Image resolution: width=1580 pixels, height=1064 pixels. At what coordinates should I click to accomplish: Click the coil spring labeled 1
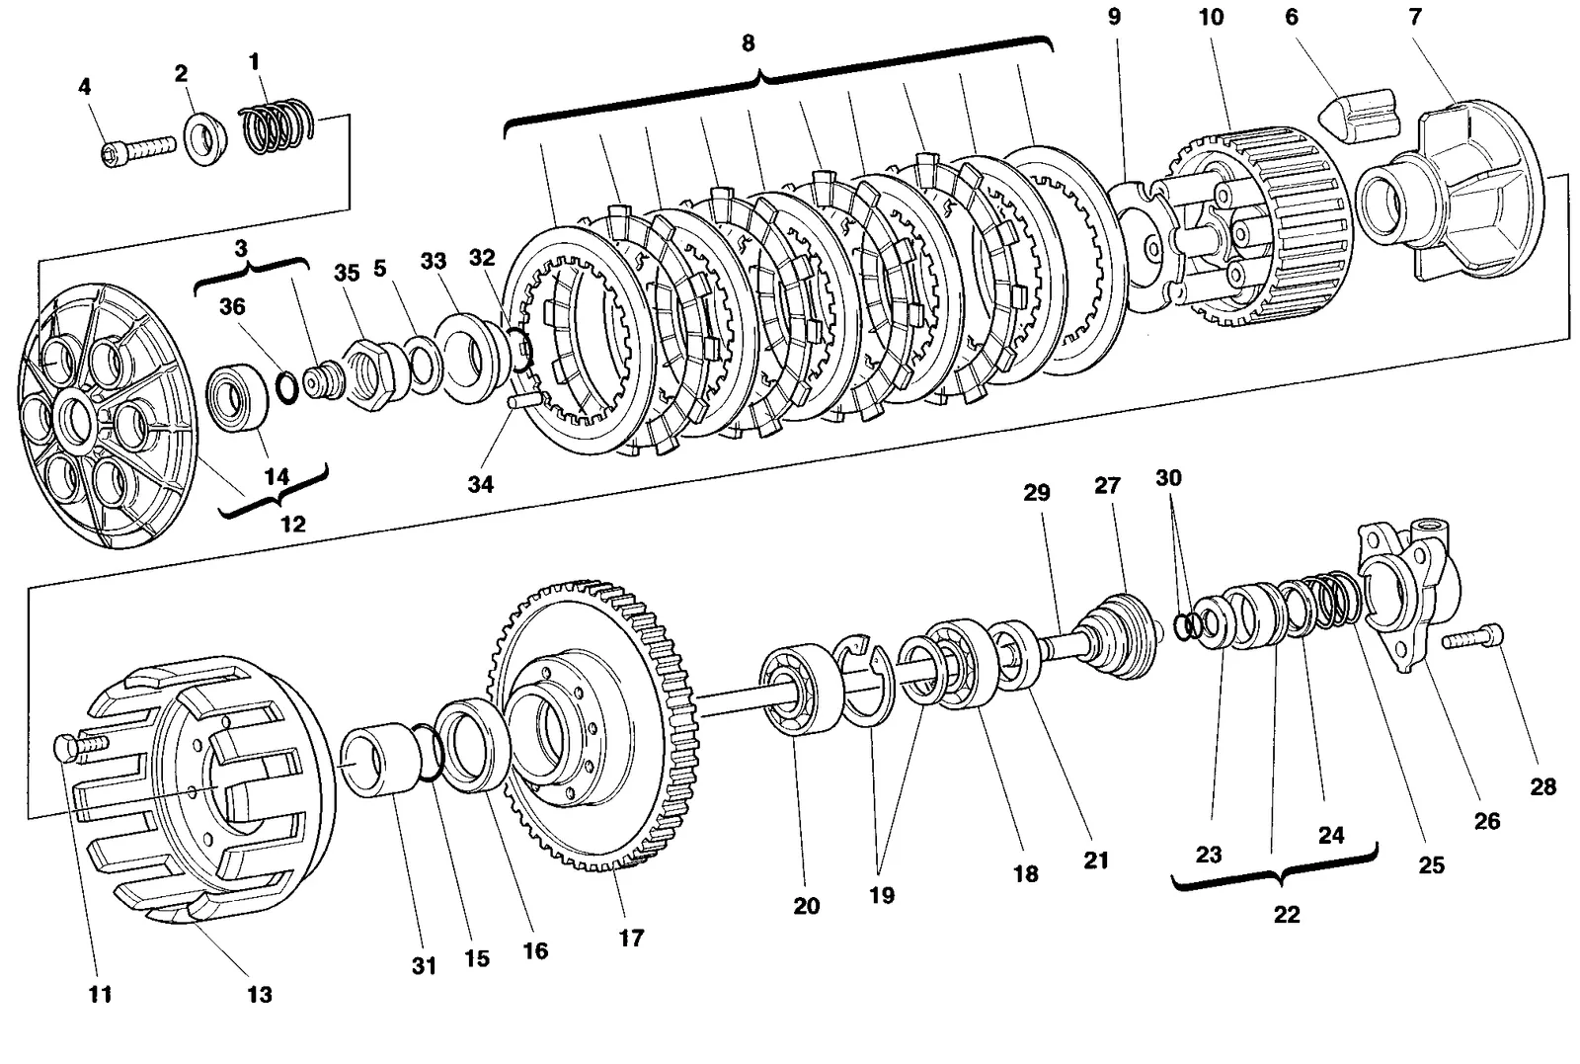(x=277, y=127)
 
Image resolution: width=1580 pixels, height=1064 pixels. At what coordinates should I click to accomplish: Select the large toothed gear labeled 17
(x=593, y=725)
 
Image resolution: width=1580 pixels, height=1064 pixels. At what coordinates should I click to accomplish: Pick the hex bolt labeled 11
(x=80, y=748)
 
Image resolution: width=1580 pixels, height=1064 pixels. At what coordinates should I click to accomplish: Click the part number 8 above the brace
(x=748, y=43)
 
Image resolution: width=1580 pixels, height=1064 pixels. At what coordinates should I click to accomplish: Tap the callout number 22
(x=1287, y=915)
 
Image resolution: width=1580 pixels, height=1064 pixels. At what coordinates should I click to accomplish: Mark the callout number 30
(x=1168, y=478)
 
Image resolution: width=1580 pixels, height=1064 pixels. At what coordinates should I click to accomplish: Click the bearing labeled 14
(x=237, y=398)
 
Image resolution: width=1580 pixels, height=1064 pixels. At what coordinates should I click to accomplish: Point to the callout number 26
(x=1487, y=821)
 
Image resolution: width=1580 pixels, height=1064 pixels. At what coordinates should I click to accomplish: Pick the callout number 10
(x=1211, y=17)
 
